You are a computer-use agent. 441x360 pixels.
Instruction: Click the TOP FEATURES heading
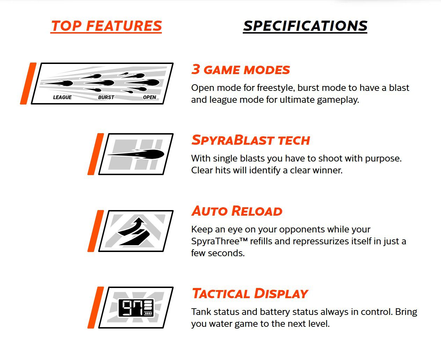pyautogui.click(x=106, y=26)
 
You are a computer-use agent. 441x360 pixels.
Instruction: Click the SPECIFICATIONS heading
pyautogui.click(x=305, y=26)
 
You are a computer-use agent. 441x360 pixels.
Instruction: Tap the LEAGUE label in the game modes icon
pyautogui.click(x=62, y=97)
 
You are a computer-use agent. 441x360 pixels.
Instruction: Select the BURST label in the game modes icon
pyautogui.click(x=106, y=97)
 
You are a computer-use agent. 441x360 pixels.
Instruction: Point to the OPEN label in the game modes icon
pyautogui.click(x=150, y=97)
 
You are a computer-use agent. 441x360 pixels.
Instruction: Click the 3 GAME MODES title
pyautogui.click(x=241, y=70)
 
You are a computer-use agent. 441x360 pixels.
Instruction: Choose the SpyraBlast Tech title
pyautogui.click(x=251, y=140)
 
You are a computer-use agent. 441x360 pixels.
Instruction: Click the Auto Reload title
pyautogui.click(x=237, y=211)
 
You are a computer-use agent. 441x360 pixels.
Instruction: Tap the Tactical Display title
pyautogui.click(x=250, y=293)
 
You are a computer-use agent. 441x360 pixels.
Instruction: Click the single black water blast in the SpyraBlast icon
pyautogui.click(x=136, y=154)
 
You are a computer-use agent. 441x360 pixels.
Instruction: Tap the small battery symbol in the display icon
pyautogui.click(x=149, y=313)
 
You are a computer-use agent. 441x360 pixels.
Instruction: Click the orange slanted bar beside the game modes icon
pyautogui.click(x=28, y=84)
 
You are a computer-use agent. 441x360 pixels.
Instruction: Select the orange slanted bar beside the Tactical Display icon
pyautogui.click(x=96, y=307)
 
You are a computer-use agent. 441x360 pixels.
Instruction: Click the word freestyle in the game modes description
pyautogui.click(x=276, y=88)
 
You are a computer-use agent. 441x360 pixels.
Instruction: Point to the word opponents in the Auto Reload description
pyautogui.click(x=302, y=230)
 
